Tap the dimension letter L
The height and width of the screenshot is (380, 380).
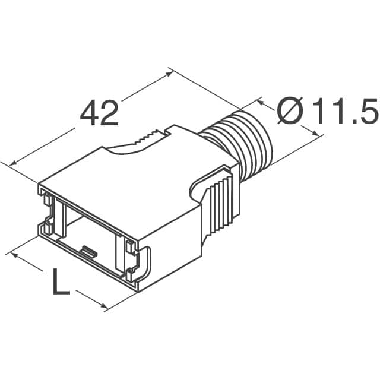(60, 282)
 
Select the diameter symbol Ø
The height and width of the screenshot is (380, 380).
(292, 111)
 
